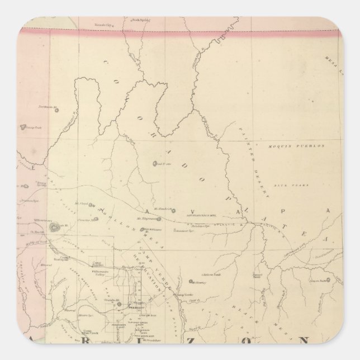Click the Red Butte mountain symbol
click(x=155, y=164)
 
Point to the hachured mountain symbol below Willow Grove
click(x=55, y=228)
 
